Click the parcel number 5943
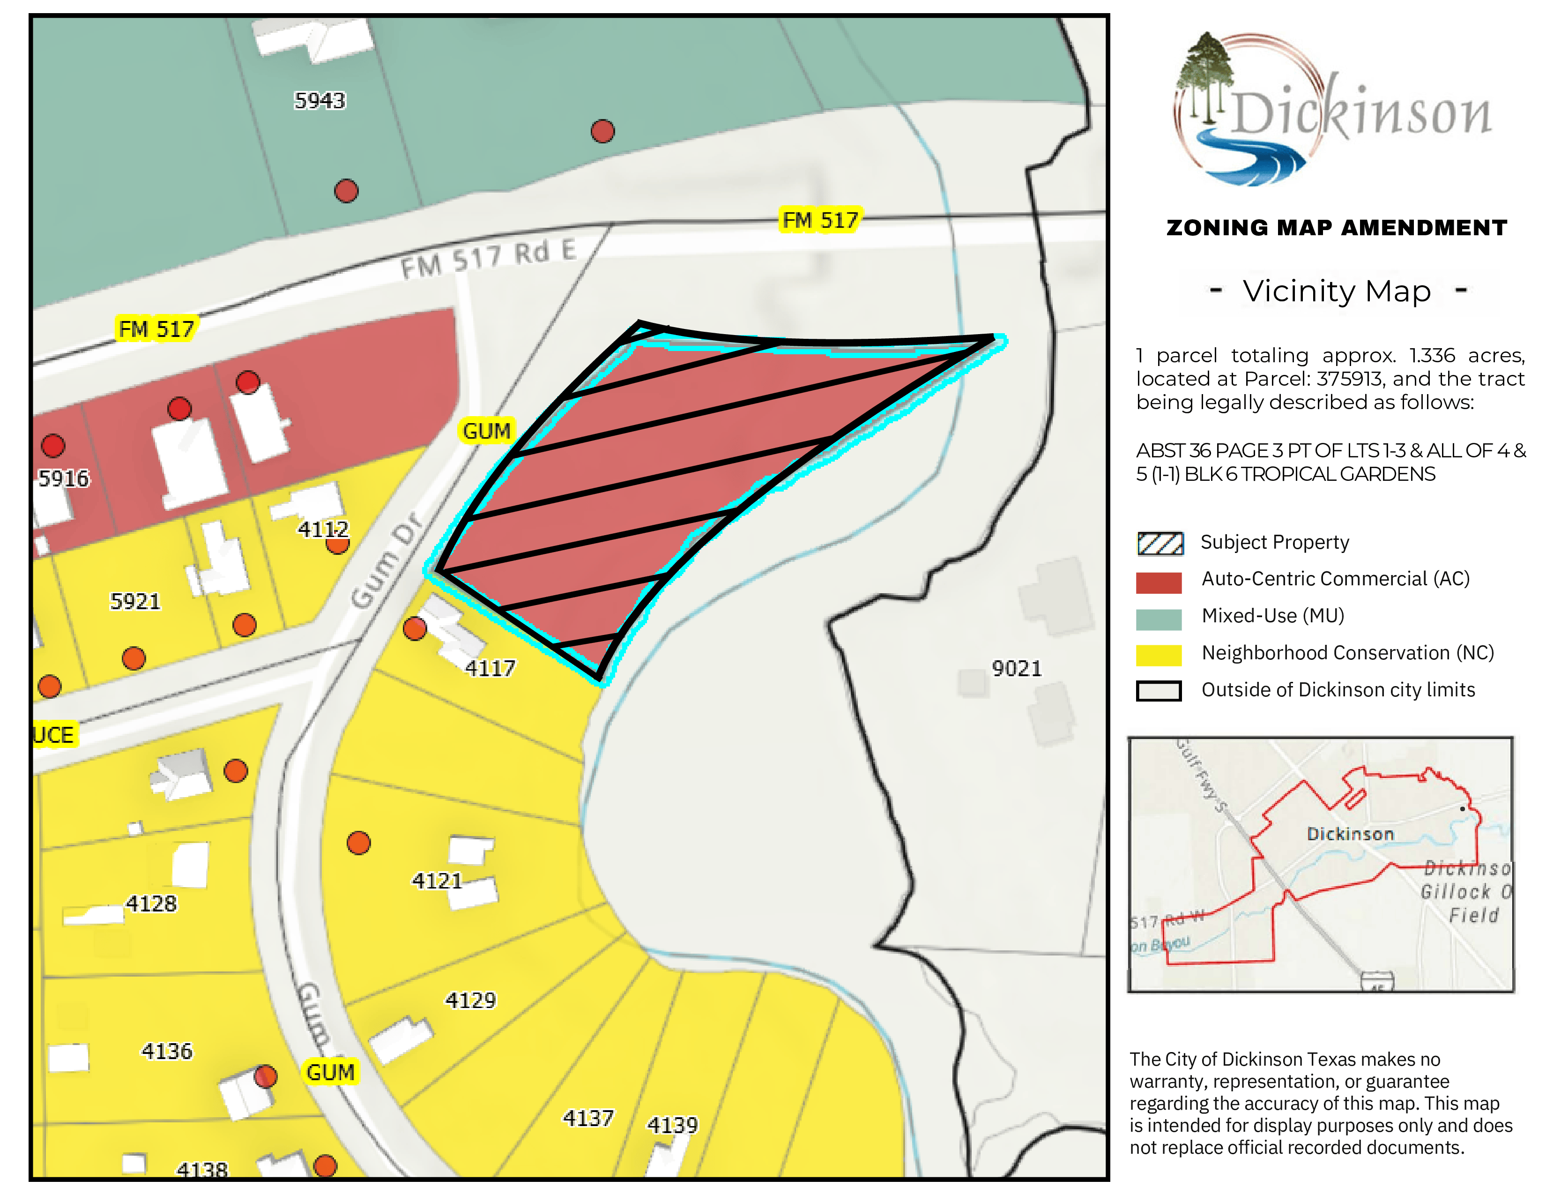tap(319, 101)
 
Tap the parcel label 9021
tap(1017, 668)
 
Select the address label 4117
tap(490, 668)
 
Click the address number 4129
tap(470, 1000)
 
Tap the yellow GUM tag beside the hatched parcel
tap(486, 430)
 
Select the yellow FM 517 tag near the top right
tap(820, 220)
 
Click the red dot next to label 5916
tap(53, 445)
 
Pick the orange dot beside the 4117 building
tap(415, 628)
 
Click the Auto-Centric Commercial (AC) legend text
tap(1335, 579)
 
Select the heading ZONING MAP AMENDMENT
tap(1337, 228)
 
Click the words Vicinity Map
tap(1337, 291)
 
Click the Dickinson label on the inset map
tap(1349, 834)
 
